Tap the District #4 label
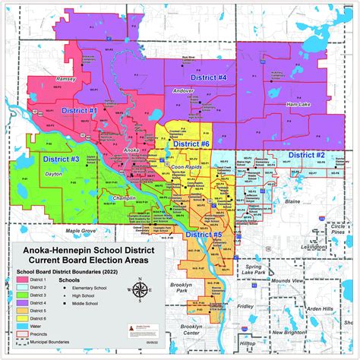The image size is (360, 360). point(210,77)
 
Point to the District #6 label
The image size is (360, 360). point(191,144)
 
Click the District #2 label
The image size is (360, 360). point(307,155)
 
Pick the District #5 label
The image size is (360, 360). point(204,235)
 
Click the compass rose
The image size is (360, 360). point(139,289)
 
